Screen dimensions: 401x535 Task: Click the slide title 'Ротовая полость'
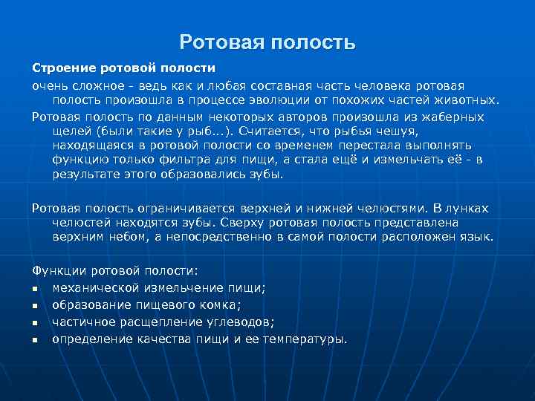[x=267, y=42]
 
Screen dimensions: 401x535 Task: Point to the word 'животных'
[x=469, y=100]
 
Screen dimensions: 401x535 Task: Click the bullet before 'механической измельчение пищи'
[x=35, y=288]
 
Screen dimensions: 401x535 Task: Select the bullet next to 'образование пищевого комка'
[x=35, y=305]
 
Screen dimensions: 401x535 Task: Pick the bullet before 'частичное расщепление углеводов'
[x=35, y=322]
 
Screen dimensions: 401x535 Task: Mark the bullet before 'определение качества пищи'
[x=35, y=339]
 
